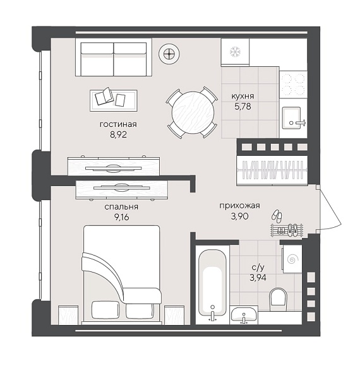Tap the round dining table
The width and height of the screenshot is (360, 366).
point(193,112)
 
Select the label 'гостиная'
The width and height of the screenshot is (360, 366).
point(118,124)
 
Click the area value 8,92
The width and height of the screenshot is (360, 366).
point(119,134)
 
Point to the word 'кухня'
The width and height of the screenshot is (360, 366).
point(243,96)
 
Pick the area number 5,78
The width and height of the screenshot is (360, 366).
point(243,107)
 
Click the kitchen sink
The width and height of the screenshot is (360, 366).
point(291,117)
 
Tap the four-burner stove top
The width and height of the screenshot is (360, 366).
point(293,84)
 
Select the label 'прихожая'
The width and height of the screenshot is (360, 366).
point(239,206)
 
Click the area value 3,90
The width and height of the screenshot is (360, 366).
point(240,216)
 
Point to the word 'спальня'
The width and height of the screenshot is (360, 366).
point(121,207)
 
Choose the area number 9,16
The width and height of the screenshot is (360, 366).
point(121,217)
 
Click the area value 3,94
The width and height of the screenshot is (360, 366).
point(258,278)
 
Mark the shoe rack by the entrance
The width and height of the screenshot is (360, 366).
point(287,230)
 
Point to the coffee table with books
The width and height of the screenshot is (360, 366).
point(114,100)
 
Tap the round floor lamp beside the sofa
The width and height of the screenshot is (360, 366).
point(169,54)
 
